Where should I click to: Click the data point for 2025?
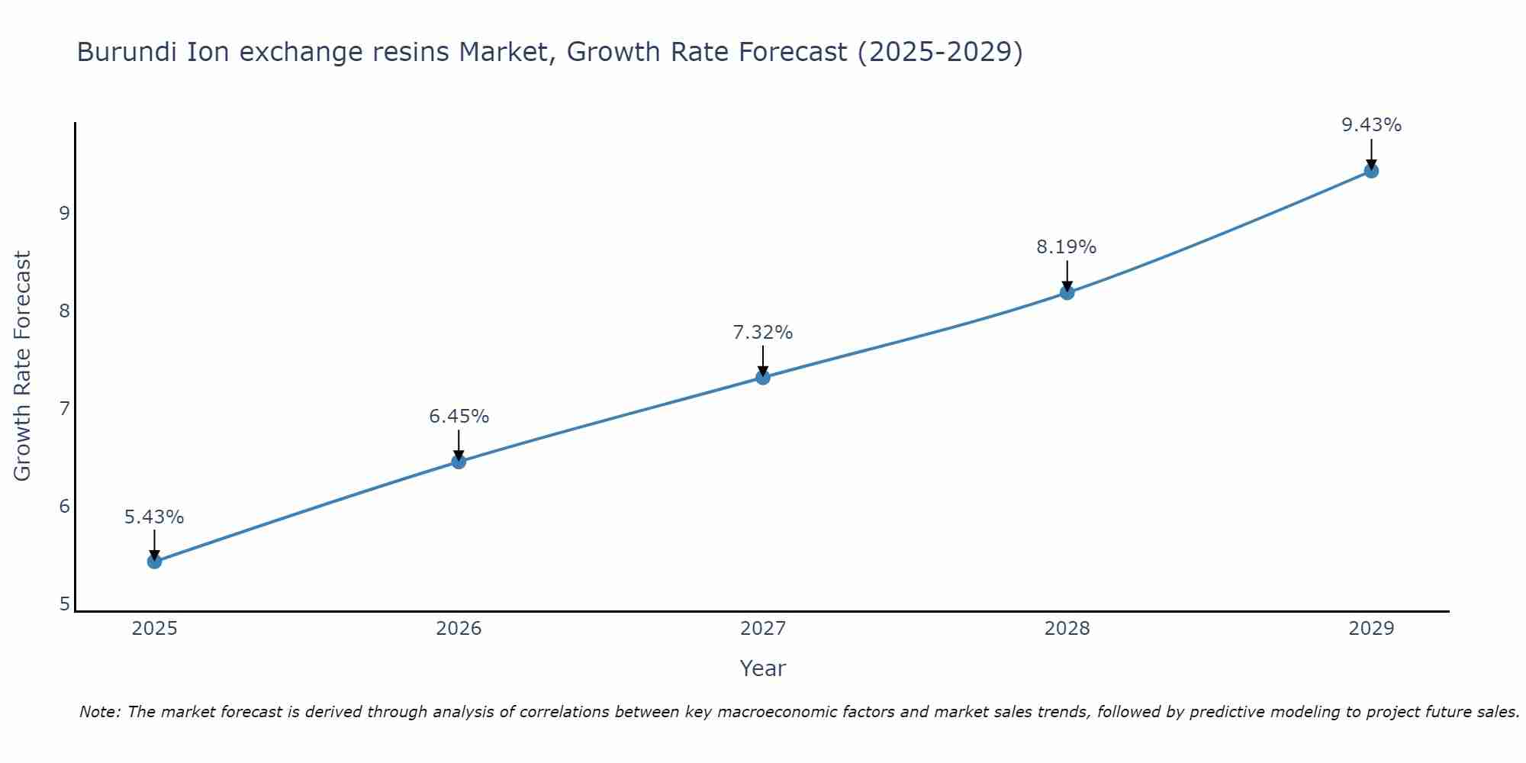[154, 562]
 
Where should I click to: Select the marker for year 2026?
[459, 462]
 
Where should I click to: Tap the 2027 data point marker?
[763, 377]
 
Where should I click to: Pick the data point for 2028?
[1067, 292]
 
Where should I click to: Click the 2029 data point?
[1371, 171]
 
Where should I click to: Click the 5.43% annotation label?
[154, 517]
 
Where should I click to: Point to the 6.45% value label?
[459, 417]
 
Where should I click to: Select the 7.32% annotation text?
[763, 333]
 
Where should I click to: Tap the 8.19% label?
[1067, 247]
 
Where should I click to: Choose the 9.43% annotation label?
[1371, 125]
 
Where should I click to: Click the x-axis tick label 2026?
[459, 629]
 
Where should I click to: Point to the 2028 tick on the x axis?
[1067, 629]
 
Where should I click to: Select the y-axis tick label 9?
[64, 213]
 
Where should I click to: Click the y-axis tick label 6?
[64, 507]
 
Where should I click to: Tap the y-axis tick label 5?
[64, 604]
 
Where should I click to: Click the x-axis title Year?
[762, 668]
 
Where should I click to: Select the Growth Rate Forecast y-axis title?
[23, 366]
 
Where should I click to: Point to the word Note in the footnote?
[99, 712]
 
